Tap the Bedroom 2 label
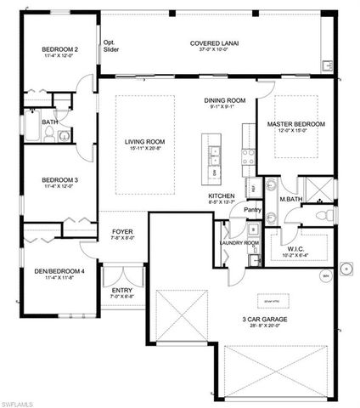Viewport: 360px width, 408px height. [x=60, y=50]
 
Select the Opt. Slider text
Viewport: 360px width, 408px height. [x=110, y=46]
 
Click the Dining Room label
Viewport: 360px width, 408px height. [x=225, y=100]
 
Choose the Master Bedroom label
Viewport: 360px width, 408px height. [x=295, y=125]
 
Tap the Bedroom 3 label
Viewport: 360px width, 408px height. [x=60, y=181]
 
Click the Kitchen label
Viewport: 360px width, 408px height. [x=222, y=195]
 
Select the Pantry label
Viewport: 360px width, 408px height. [x=252, y=209]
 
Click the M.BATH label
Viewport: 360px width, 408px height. [x=291, y=201]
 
